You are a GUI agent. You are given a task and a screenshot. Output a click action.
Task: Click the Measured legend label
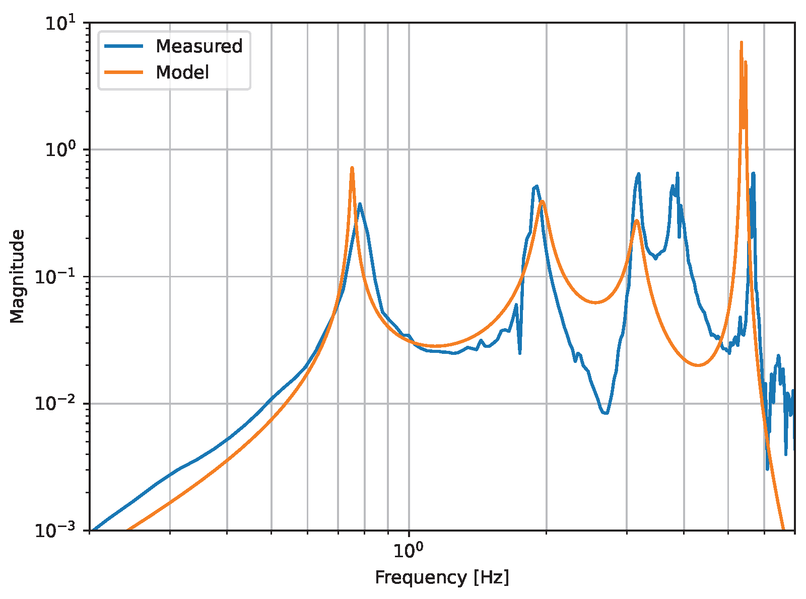[199, 46]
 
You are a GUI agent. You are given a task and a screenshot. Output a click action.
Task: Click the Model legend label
[182, 72]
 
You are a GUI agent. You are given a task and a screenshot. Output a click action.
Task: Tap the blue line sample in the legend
[124, 46]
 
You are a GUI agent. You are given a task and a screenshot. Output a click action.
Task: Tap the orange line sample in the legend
[124, 72]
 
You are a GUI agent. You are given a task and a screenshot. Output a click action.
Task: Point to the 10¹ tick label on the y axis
[59, 23]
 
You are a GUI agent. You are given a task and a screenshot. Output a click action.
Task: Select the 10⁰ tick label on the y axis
[59, 150]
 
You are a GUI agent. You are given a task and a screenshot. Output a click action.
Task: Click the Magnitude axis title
[17, 276]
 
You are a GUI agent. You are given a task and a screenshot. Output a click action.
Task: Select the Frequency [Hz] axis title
[442, 577]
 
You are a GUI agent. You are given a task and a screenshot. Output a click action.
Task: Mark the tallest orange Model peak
[741, 43]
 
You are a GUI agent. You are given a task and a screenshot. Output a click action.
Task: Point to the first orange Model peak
[352, 168]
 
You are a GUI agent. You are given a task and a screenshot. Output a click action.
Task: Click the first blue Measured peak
[360, 204]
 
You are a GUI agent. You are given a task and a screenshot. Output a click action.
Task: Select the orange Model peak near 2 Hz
[542, 201]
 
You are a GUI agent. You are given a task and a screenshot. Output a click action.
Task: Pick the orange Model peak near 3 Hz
[637, 220]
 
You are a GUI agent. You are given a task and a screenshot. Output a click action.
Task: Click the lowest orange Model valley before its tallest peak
[698, 365]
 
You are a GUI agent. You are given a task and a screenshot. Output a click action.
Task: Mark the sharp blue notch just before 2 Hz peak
[520, 353]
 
